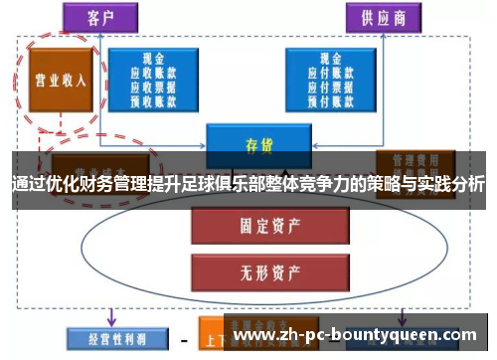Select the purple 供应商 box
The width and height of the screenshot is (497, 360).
[382, 16]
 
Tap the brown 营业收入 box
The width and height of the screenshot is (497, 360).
[57, 81]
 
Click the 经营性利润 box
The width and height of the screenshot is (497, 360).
[109, 338]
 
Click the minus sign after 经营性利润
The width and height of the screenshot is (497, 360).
[183, 339]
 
